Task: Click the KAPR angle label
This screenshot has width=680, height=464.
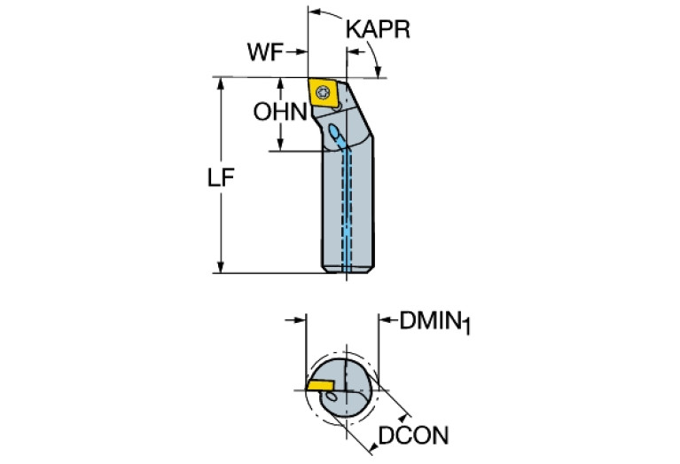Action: point(378,29)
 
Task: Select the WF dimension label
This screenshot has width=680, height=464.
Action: point(265,52)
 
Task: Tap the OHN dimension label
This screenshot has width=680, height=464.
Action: point(280,112)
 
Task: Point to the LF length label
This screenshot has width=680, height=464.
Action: point(221,177)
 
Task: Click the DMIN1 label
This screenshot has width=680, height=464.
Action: point(434,322)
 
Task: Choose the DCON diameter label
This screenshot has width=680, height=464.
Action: point(413,436)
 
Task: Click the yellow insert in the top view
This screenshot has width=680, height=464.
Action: point(324,92)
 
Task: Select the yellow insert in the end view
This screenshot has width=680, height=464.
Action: point(320,384)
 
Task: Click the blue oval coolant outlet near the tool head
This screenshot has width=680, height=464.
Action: point(334,130)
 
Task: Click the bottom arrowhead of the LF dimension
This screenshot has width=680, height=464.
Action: point(221,266)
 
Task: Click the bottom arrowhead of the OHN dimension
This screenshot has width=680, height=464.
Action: point(280,145)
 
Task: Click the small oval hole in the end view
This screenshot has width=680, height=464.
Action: point(332,397)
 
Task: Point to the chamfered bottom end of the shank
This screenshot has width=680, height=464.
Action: point(348,270)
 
